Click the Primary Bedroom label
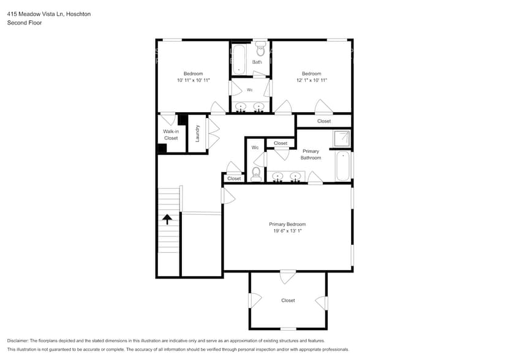287,224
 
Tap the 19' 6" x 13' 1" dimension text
287,231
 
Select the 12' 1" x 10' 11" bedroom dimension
311,80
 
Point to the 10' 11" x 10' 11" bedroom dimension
194,80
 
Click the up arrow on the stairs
167,219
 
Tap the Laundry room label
198,133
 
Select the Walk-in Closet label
170,135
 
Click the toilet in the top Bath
260,49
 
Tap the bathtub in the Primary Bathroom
343,165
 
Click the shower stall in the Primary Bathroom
342,139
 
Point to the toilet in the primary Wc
256,174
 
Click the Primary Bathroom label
311,154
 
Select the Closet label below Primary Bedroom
288,301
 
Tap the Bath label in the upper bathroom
257,62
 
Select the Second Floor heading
25,23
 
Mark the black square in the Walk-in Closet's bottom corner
162,148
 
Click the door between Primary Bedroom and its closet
287,276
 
